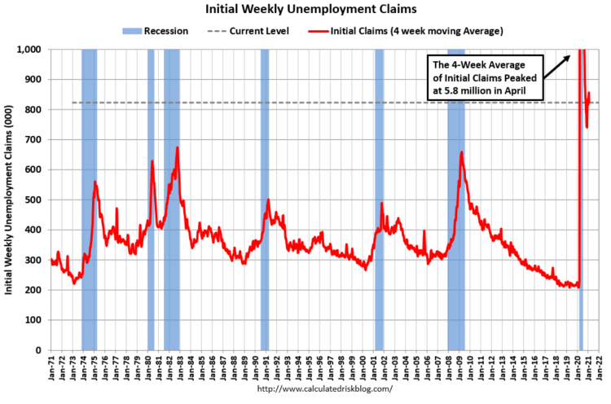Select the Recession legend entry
157,31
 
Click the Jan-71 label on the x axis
51,367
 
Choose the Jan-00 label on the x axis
363,367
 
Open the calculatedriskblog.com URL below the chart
324,389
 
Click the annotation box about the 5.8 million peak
486,77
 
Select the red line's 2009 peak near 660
461,152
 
